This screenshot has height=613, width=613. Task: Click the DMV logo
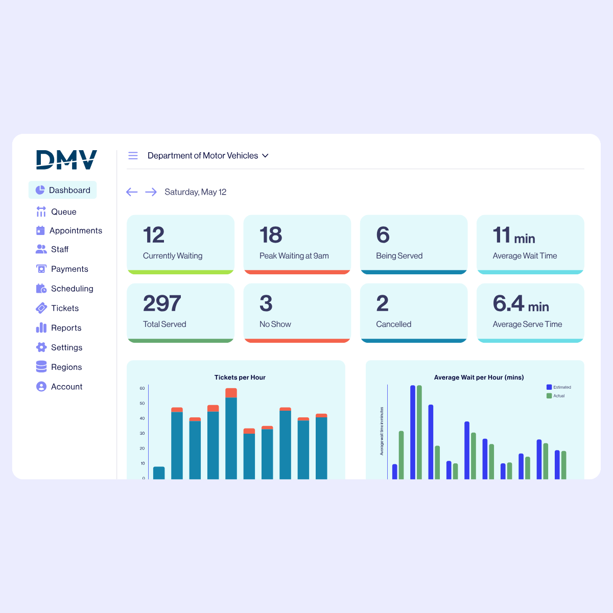tap(66, 159)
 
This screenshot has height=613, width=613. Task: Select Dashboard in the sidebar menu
tap(63, 190)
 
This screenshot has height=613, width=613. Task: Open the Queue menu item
tap(63, 211)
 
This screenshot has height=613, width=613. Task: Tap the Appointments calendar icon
tap(41, 230)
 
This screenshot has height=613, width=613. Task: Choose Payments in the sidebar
tap(69, 269)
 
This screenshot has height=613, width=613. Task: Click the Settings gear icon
tap(41, 347)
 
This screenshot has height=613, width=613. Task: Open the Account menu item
tap(66, 387)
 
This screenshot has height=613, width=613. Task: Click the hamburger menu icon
tap(133, 155)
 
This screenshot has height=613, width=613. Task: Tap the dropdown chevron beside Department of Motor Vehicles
tap(265, 155)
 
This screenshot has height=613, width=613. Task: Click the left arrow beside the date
tap(132, 192)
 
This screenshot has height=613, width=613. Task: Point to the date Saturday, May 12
tap(195, 192)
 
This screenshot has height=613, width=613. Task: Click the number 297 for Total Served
tap(162, 303)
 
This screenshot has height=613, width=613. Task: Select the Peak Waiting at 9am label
tap(294, 255)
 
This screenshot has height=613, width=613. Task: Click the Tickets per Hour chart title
tap(240, 378)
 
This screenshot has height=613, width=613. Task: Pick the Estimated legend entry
tap(559, 387)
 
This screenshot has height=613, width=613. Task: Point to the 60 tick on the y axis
tap(142, 388)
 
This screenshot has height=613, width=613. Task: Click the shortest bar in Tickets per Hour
tap(159, 473)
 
